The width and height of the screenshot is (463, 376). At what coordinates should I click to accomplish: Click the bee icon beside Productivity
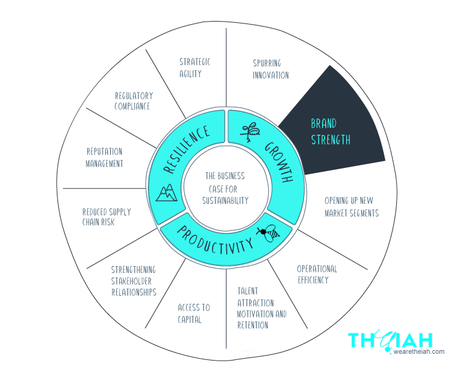[268, 233]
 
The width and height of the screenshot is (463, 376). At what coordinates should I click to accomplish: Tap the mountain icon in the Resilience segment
[166, 193]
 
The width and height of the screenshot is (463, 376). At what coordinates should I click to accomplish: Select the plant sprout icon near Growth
[250, 132]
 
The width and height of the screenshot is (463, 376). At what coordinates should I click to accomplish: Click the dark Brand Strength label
[331, 132]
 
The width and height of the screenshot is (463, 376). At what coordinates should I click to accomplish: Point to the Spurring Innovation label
[271, 69]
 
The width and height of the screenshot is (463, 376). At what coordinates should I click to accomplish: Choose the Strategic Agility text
[195, 68]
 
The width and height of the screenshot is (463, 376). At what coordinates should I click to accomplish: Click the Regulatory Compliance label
[134, 101]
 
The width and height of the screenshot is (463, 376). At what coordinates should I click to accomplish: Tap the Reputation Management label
[104, 157]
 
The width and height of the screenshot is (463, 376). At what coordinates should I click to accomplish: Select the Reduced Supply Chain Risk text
[106, 217]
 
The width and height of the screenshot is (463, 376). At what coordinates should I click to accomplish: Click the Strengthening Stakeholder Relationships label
[134, 281]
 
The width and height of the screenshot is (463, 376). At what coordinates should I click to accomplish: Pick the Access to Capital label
[193, 314]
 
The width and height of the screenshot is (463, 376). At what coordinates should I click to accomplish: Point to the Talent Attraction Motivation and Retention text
[262, 308]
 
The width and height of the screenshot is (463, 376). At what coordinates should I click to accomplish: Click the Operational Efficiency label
[317, 274]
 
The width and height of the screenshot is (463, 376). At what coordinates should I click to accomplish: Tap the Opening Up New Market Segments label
[351, 207]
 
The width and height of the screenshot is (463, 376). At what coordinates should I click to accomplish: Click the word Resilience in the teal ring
[187, 149]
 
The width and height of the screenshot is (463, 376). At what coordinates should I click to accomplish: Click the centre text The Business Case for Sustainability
[225, 188]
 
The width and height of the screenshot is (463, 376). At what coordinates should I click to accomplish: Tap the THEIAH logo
[390, 341]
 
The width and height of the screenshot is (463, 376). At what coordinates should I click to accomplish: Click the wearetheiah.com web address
[418, 351]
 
